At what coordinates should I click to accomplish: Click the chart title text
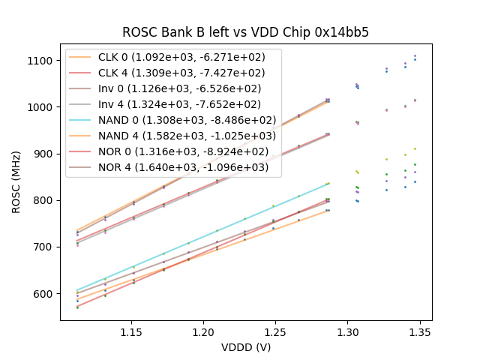click(246, 32)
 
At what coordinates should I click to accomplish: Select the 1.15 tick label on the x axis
click(131, 331)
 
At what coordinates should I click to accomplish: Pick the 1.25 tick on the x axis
click(275, 331)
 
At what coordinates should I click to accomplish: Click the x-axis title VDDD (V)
click(246, 347)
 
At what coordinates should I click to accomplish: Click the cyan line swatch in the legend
click(81, 120)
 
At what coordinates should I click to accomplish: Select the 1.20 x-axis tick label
click(203, 331)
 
